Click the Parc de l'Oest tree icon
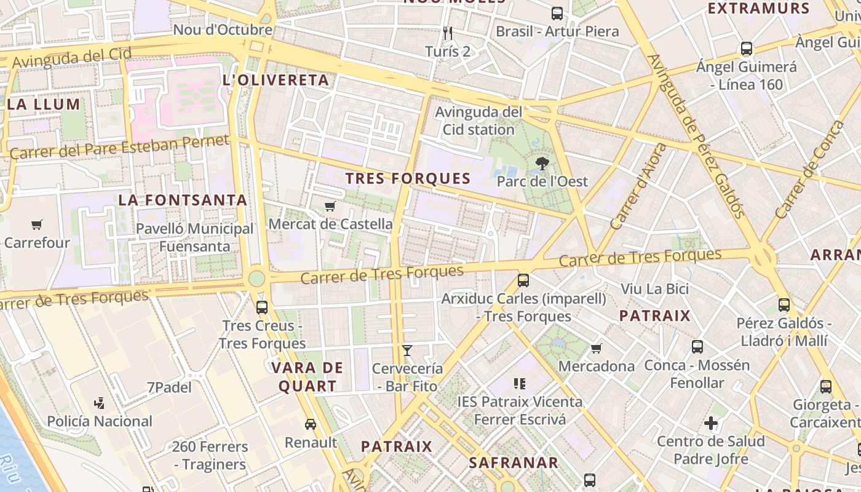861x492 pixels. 542,164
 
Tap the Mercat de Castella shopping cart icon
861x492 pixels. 330,206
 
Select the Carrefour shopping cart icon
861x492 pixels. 37,225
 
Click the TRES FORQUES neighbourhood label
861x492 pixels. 408,179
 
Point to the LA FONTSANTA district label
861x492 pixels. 183,200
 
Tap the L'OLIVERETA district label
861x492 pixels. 276,80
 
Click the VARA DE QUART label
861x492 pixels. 307,377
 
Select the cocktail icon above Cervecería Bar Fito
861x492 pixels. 407,351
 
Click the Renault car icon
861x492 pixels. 311,424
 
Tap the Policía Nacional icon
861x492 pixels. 99,403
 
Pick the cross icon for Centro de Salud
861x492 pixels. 711,423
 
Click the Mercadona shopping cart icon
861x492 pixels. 596,349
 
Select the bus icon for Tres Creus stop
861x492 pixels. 262,307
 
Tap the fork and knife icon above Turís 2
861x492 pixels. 448,33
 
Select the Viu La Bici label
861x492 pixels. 654,288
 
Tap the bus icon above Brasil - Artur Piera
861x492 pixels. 557,13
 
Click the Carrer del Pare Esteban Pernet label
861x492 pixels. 119,147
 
